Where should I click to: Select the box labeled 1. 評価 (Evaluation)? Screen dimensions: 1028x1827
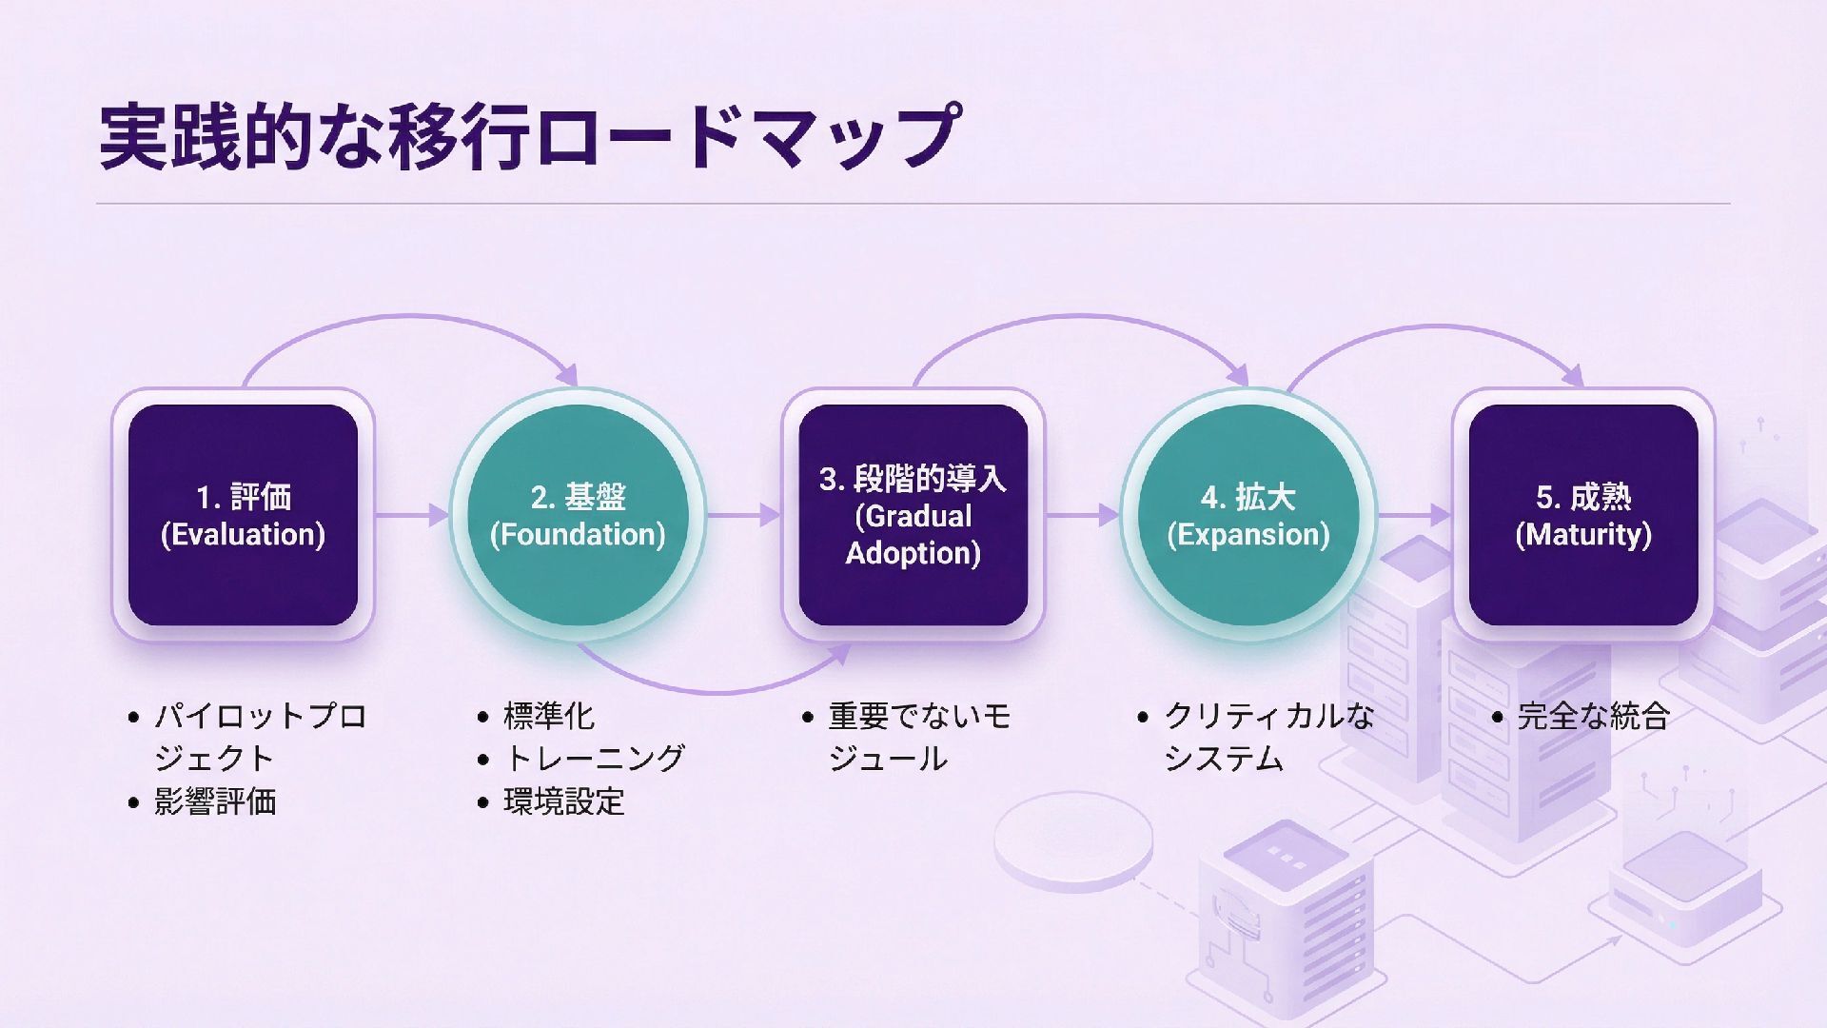pos(243,515)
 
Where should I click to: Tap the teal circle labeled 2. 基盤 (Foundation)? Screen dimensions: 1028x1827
pos(578,515)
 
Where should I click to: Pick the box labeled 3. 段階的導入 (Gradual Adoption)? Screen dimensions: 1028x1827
pos(913,515)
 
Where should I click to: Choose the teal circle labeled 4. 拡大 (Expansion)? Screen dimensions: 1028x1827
pos(1247,515)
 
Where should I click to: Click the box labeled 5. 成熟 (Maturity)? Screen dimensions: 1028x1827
pos(1583,515)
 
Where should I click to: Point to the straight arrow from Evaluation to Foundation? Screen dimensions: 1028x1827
pos(412,515)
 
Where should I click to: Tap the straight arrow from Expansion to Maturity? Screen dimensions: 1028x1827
pos(1415,515)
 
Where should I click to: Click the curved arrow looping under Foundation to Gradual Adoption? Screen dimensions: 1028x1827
pos(714,687)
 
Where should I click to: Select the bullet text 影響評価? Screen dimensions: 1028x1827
pos(215,801)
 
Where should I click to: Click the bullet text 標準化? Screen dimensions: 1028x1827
pos(548,716)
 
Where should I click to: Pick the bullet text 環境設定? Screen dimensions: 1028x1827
pos(563,801)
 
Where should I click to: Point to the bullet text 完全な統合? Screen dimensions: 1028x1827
pos(1593,716)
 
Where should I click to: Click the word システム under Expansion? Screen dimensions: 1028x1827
pos(1224,759)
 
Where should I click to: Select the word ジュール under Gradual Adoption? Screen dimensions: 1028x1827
pos(888,759)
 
